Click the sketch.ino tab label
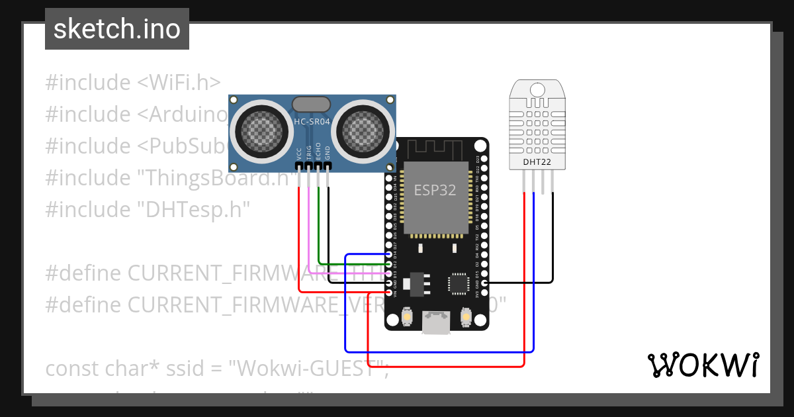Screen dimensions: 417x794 [x=116, y=29]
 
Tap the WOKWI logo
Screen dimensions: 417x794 [x=702, y=365]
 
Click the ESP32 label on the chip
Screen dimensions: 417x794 [x=435, y=190]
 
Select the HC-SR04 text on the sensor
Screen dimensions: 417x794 [x=311, y=122]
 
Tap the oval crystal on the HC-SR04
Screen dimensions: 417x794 [x=311, y=104]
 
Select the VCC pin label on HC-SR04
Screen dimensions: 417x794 [x=299, y=154]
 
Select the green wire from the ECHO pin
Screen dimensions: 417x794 [x=318, y=225]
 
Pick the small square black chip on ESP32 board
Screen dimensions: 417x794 [x=458, y=283]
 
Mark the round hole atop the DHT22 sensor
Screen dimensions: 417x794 [x=537, y=89]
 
